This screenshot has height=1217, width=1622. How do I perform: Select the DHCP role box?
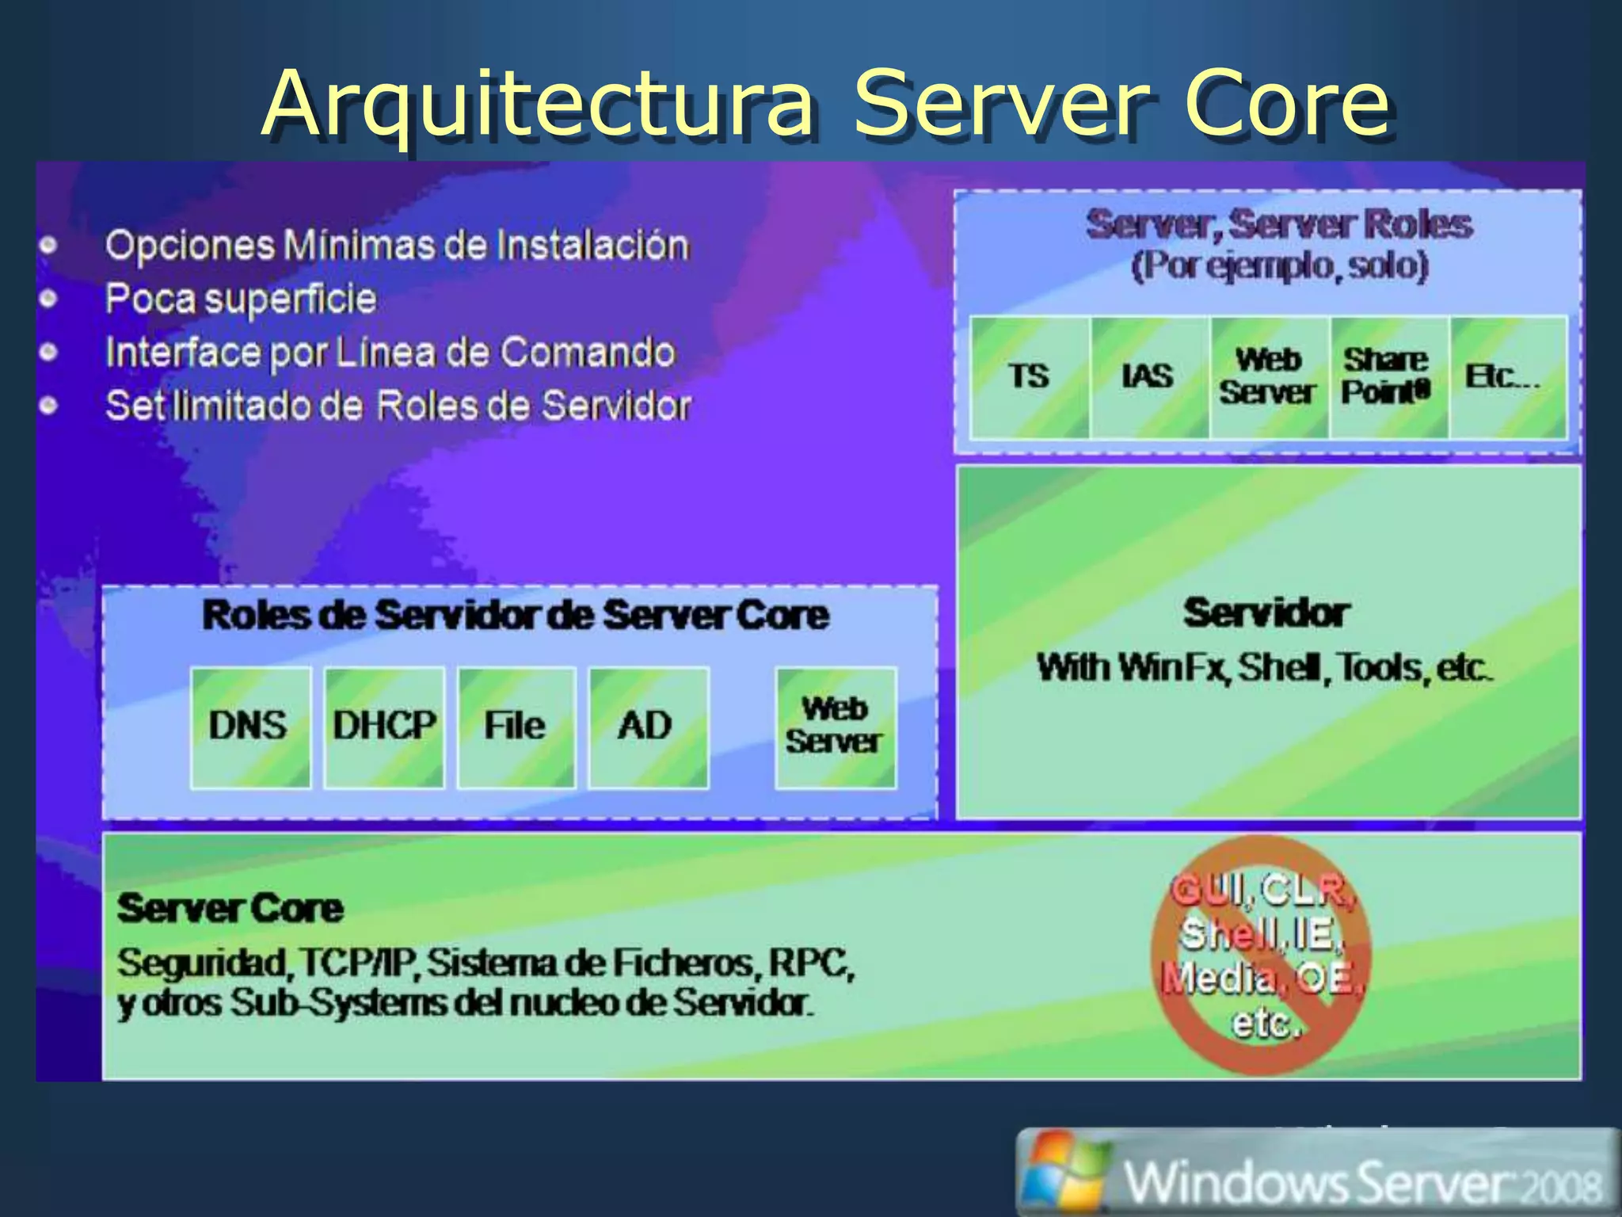point(384,727)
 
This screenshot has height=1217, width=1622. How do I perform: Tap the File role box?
point(516,727)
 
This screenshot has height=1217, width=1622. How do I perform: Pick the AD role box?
point(648,727)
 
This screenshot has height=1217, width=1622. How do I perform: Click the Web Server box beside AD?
point(836,727)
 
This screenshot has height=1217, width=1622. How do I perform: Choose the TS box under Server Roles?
point(1029,377)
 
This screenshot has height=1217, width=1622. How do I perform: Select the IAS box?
point(1148,377)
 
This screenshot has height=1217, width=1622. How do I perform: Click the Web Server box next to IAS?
point(1269,377)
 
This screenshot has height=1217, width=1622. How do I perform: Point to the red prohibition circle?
point(1261,956)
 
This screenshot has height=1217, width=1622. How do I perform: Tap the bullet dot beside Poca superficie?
point(49,299)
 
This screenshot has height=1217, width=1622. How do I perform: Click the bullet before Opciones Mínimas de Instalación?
point(49,245)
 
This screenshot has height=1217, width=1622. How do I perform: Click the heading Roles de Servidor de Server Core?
point(516,616)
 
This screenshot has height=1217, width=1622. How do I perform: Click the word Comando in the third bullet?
point(588,352)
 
